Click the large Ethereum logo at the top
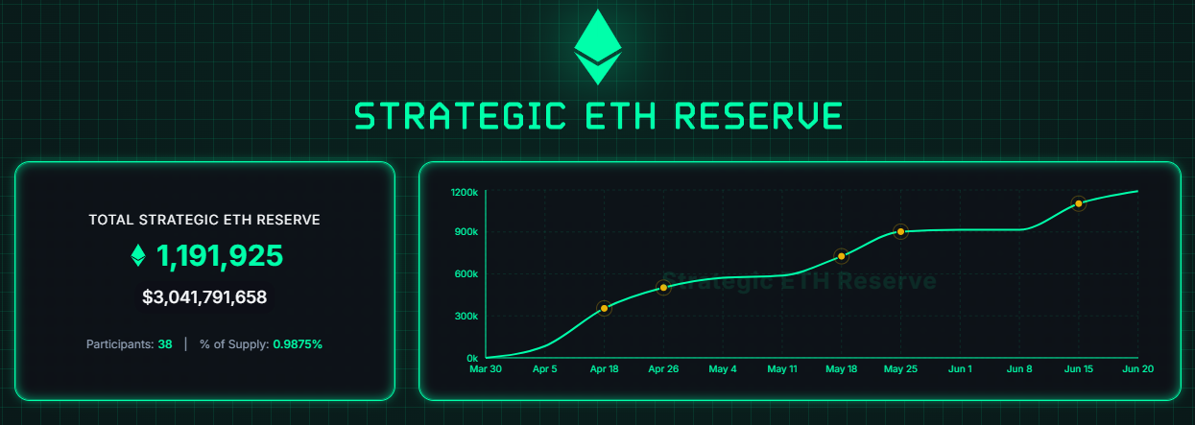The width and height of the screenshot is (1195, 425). pyautogui.click(x=597, y=47)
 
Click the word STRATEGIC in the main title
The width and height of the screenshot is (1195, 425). pyautogui.click(x=460, y=116)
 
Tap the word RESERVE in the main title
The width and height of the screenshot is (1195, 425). pyautogui.click(x=758, y=116)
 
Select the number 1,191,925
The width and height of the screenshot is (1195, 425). pyautogui.click(x=219, y=255)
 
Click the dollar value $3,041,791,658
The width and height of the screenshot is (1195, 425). pyautogui.click(x=204, y=297)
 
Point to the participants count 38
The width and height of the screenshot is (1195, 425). pyautogui.click(x=165, y=344)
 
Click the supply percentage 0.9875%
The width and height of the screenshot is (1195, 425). pyautogui.click(x=298, y=344)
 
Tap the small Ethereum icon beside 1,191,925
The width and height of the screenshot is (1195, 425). pyautogui.click(x=138, y=255)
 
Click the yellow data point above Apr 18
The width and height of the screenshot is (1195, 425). pyautogui.click(x=604, y=308)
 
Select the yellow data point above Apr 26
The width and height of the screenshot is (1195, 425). pyautogui.click(x=663, y=288)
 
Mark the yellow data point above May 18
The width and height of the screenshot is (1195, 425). pyautogui.click(x=842, y=256)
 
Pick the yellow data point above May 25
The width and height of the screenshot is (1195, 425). pyautogui.click(x=900, y=231)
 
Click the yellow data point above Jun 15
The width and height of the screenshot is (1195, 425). pyautogui.click(x=1079, y=203)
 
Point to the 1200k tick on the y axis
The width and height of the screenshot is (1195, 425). pyautogui.click(x=465, y=192)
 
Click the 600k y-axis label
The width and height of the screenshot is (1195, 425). pyautogui.click(x=466, y=274)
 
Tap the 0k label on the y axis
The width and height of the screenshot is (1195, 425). pyautogui.click(x=472, y=359)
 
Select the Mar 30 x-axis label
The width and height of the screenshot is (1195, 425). pyautogui.click(x=486, y=369)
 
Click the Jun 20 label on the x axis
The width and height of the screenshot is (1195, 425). pyautogui.click(x=1138, y=369)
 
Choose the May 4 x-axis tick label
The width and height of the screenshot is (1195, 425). pyautogui.click(x=723, y=369)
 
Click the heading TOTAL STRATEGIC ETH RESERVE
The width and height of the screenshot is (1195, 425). pyautogui.click(x=204, y=220)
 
